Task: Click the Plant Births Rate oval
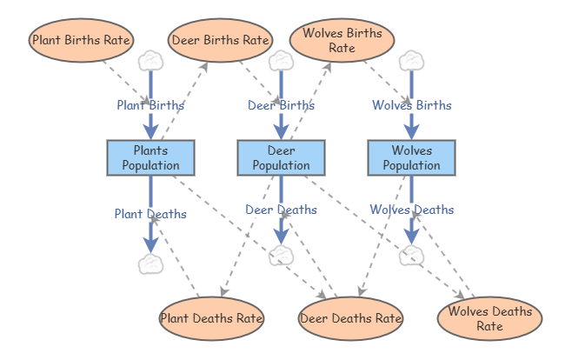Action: (x=81, y=40)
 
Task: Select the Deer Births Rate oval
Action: (x=220, y=40)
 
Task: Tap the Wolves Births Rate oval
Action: (x=342, y=40)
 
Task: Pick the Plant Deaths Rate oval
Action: (x=211, y=318)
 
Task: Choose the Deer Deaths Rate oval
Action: (x=350, y=318)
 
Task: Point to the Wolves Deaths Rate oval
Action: (x=489, y=319)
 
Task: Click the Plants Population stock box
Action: (x=150, y=157)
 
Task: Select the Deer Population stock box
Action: (x=281, y=157)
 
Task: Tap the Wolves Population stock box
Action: (x=411, y=157)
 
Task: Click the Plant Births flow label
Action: (x=150, y=105)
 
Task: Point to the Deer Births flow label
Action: (x=281, y=105)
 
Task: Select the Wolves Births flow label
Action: (x=411, y=105)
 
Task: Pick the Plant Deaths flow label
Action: (x=150, y=213)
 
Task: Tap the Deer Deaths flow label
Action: (x=281, y=210)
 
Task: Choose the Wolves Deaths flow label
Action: (x=411, y=210)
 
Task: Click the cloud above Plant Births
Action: (x=150, y=61)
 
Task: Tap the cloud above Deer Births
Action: (x=281, y=61)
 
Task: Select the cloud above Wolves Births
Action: (x=411, y=61)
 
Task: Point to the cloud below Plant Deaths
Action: (x=150, y=263)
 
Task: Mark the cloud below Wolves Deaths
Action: (x=411, y=255)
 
